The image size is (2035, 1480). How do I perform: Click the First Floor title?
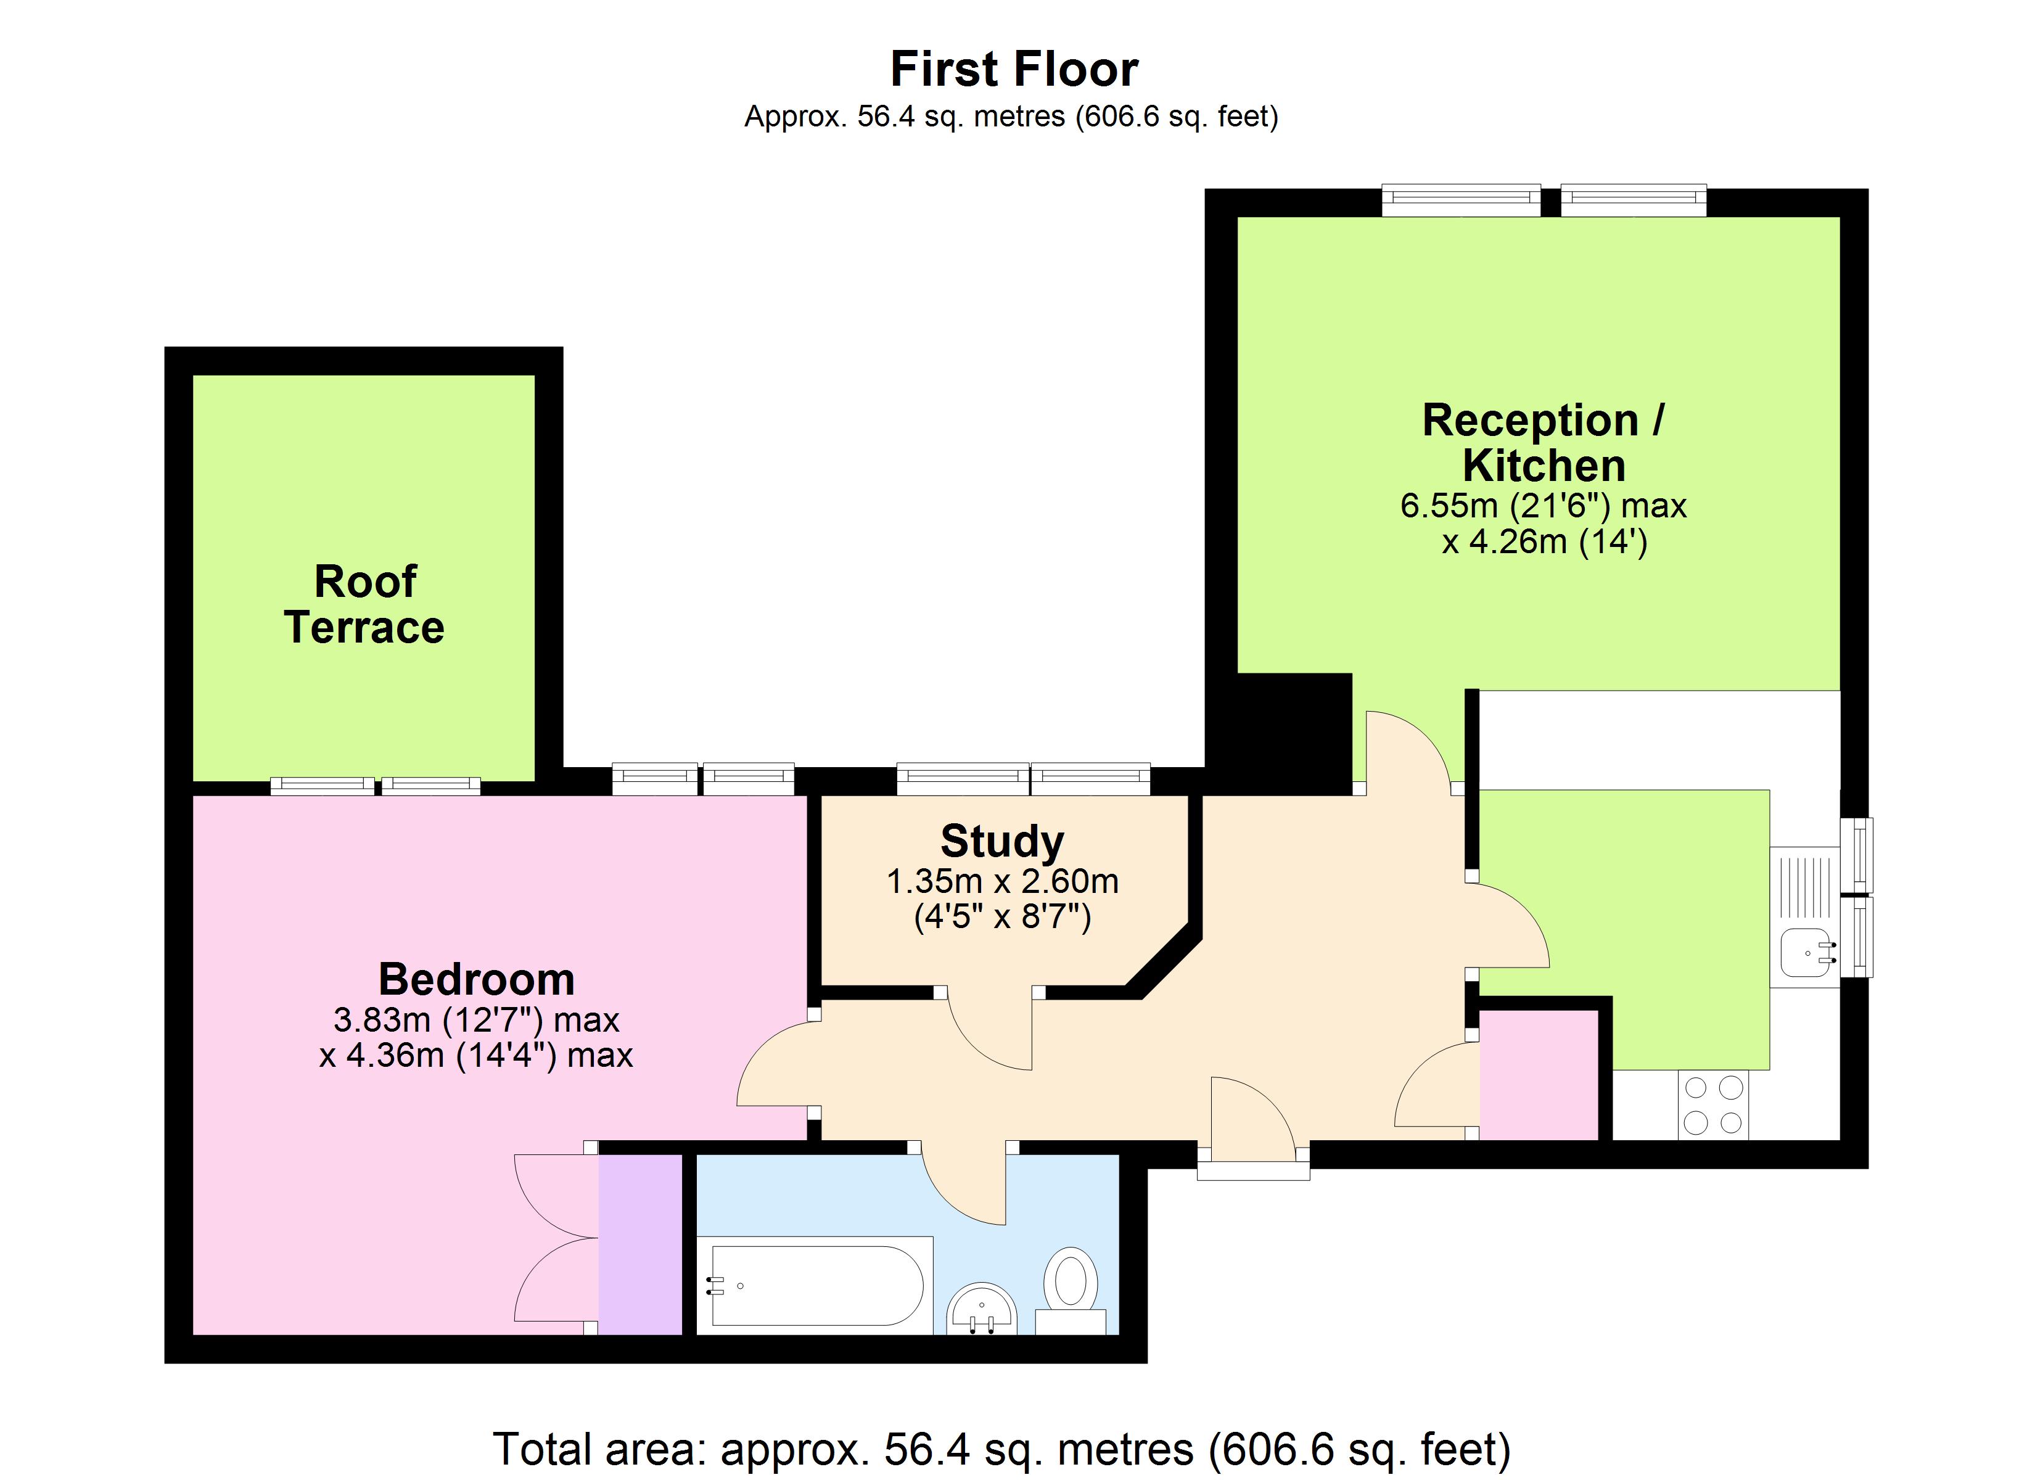coord(1014,69)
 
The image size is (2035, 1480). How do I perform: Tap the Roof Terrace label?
coord(364,605)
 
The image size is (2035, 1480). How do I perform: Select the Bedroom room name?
coord(477,979)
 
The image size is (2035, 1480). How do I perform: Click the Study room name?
coord(1002,841)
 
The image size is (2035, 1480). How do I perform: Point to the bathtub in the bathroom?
coord(816,1286)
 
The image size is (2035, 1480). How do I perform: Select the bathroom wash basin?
coord(982,1309)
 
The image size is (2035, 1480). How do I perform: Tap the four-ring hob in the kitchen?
coord(1713,1105)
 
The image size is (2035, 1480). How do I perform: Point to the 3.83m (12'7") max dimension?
coord(477,1021)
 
